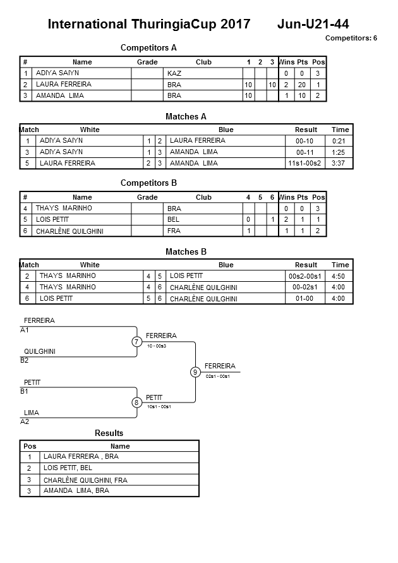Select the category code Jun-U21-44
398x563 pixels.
click(313, 24)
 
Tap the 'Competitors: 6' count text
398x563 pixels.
click(351, 38)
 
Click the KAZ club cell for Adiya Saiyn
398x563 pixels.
click(174, 73)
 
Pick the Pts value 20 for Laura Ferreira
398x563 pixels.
click(302, 85)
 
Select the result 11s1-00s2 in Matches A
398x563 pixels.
click(305, 164)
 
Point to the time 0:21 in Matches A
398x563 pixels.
click(339, 141)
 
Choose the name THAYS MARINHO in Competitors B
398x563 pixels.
click(64, 208)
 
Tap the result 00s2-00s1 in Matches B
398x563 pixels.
click(305, 276)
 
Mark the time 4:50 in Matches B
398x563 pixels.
click(339, 276)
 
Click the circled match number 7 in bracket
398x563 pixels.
click(136, 342)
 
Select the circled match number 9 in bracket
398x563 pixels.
click(195, 372)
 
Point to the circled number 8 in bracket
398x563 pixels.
click(136, 403)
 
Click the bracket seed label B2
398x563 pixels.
click(24, 361)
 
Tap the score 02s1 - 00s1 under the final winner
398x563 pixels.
click(218, 377)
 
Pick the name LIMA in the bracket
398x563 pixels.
click(32, 413)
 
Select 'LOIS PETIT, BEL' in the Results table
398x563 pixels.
click(68, 468)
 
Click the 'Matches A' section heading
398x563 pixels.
click(186, 116)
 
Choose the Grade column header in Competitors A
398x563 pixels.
click(147, 62)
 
